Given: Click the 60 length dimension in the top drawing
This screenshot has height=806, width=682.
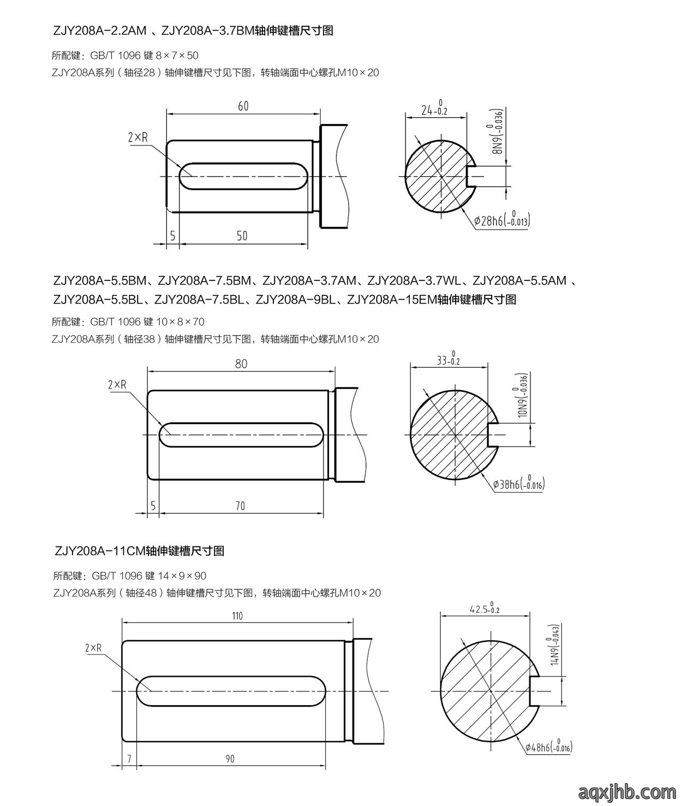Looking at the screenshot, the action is tap(243, 106).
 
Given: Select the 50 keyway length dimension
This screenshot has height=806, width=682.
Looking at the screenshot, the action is tap(242, 236).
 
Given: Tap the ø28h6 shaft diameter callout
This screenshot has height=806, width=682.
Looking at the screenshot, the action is tap(502, 221).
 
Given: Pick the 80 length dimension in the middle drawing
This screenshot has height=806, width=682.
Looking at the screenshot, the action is tap(241, 364).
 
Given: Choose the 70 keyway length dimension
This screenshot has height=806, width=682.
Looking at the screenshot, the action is tap(240, 506).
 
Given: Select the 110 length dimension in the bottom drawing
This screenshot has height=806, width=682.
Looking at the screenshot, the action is tap(237, 616).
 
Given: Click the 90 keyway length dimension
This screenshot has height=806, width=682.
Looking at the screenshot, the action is tap(230, 759).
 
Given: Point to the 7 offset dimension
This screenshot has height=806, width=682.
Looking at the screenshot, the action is tap(129, 759).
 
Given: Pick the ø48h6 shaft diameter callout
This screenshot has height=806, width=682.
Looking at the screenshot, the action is tap(548, 747).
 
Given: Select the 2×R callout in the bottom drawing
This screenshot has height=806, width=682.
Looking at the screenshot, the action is tap(93, 648).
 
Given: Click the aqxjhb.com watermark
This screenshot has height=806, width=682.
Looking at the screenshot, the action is tap(627, 790).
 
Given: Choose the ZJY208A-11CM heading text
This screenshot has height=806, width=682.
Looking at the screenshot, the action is tap(139, 551).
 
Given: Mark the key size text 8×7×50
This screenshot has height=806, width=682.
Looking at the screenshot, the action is tap(177, 55).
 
